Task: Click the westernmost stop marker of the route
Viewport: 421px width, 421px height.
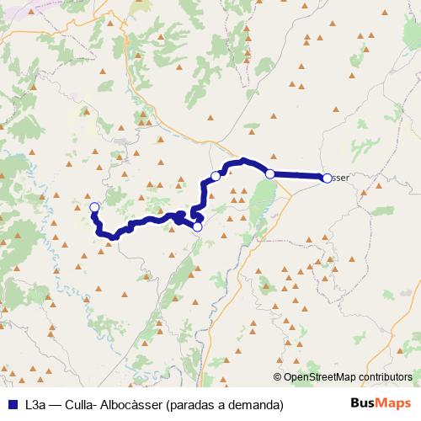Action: click(x=94, y=207)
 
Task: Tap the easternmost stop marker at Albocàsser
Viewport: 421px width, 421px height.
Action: click(x=326, y=177)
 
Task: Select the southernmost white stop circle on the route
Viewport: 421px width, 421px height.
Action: click(x=198, y=226)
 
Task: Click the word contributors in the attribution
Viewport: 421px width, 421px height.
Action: click(x=386, y=377)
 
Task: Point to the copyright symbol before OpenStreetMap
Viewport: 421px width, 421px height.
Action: click(x=278, y=377)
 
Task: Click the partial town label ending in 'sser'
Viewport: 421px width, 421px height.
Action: click(x=338, y=177)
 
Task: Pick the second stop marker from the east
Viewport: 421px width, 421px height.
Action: click(x=270, y=173)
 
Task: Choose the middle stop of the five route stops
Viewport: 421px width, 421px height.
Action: click(x=216, y=176)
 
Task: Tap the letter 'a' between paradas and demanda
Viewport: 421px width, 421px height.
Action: click(x=221, y=404)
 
